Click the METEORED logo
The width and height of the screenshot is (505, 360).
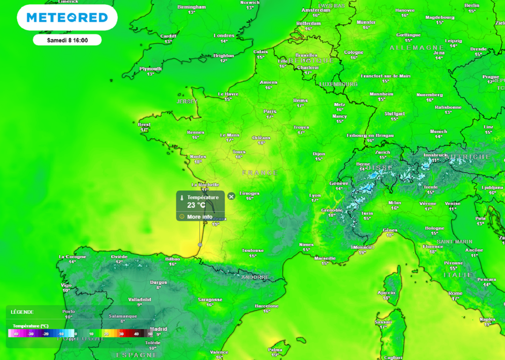coord(67,18)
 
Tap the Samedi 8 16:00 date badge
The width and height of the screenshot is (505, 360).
coord(67,40)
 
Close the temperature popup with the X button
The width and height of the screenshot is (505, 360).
coord(231,196)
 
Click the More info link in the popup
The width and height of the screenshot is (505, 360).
coord(200,217)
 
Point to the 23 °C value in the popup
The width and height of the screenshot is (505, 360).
coord(196,205)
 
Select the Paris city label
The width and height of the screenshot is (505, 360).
coord(270,111)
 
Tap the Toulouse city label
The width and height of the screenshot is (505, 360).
coord(253,251)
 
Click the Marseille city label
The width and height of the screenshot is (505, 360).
coord(325,258)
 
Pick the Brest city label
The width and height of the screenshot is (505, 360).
coord(144,125)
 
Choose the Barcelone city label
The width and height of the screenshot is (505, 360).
coord(267,306)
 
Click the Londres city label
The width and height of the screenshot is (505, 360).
coord(223,36)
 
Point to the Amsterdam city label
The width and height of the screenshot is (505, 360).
coord(316,10)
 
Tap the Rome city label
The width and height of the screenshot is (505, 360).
coord(455,293)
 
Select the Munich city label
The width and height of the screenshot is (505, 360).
coord(438,131)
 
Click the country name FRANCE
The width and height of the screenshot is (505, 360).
coord(260,173)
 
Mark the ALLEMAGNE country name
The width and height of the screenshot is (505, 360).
coord(417,48)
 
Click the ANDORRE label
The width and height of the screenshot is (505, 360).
coord(255,277)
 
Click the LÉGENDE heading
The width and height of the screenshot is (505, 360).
coord(22,312)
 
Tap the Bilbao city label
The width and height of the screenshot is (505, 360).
coord(172,258)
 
